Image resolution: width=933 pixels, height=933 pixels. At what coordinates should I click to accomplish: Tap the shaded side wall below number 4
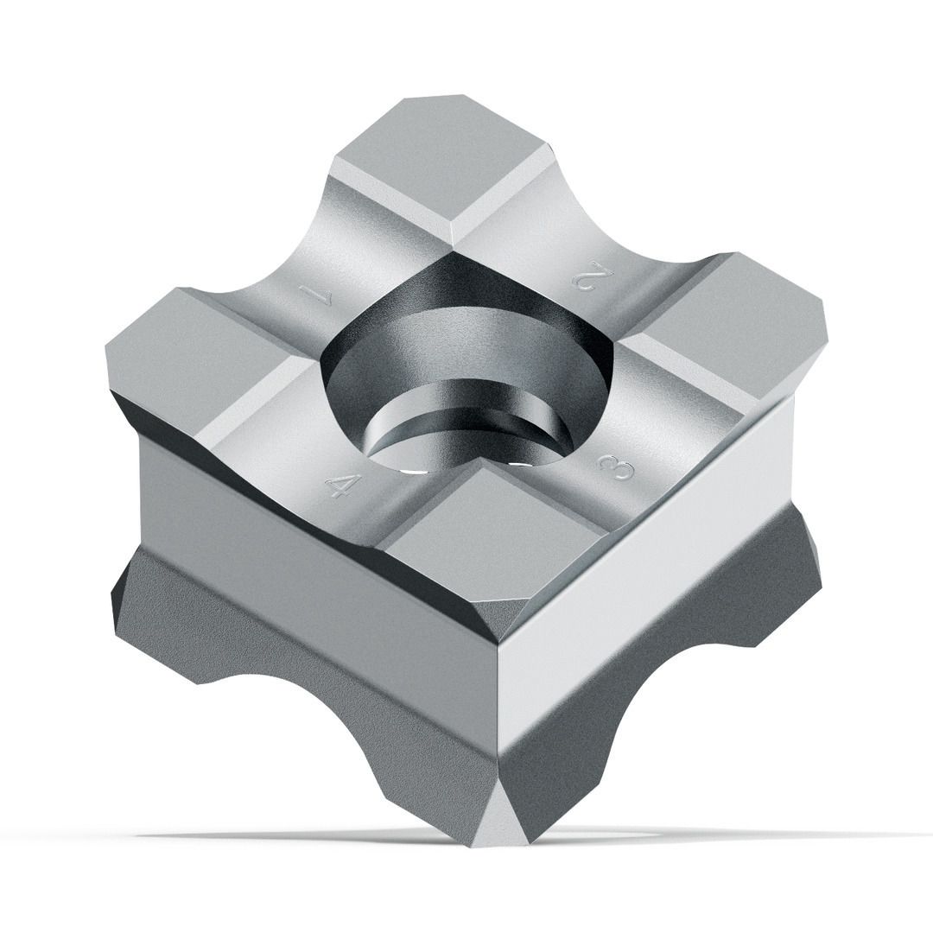(311, 553)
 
